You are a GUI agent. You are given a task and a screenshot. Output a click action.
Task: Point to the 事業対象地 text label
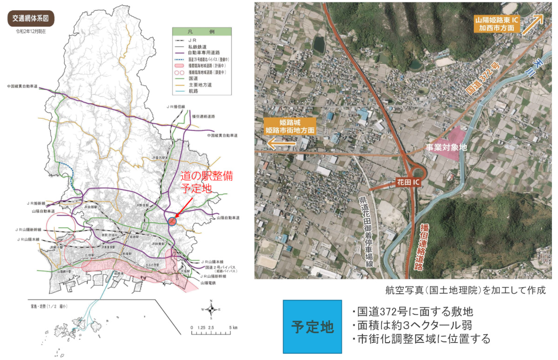(446, 147)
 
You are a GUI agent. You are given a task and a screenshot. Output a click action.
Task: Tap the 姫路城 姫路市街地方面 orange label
(289, 126)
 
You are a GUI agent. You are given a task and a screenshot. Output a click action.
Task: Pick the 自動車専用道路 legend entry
(201, 53)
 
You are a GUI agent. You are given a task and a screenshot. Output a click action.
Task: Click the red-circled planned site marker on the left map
(172, 221)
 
